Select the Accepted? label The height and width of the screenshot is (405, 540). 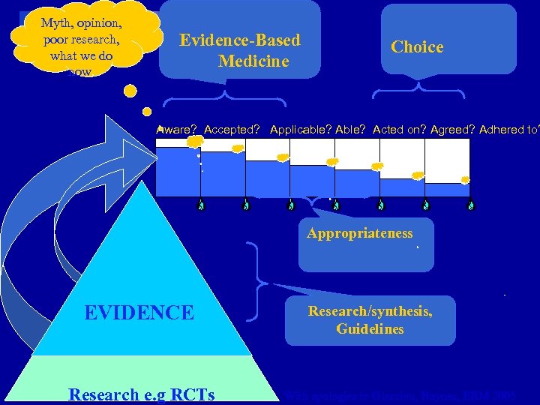tap(232, 130)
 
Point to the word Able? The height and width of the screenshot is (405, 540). tap(351, 130)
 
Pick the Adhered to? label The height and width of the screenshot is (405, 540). tap(509, 130)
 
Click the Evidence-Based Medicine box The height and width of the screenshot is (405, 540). tap(239, 50)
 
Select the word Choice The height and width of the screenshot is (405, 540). tap(417, 46)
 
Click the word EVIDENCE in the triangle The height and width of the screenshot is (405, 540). tap(139, 312)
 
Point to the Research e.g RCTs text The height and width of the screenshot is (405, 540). tap(141, 394)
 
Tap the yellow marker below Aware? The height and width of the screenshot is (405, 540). tap(194, 141)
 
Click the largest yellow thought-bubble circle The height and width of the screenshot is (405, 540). tap(130, 91)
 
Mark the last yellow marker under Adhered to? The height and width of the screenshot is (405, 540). tap(466, 180)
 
